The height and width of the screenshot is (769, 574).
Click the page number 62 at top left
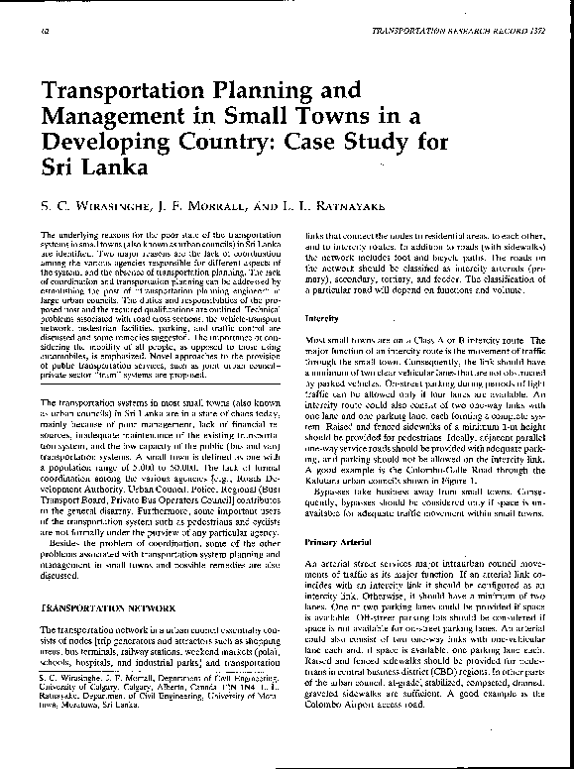46,31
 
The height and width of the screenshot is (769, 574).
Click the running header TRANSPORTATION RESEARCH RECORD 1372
457,31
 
